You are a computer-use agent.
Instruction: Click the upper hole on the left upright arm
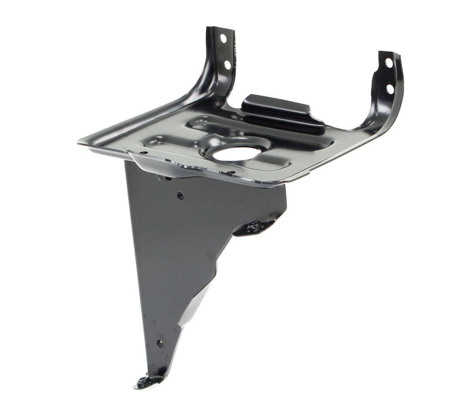click(x=223, y=38)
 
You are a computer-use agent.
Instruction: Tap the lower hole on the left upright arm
click(x=227, y=65)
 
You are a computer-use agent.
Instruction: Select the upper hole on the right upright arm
click(x=389, y=63)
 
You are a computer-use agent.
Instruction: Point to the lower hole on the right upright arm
click(x=390, y=89)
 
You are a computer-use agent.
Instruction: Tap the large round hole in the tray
click(x=237, y=153)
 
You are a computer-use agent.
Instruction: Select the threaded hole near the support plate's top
click(x=180, y=196)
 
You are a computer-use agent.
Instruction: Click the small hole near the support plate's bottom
click(x=160, y=343)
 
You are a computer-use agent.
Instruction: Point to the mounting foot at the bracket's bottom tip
click(x=146, y=382)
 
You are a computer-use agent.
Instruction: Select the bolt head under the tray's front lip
click(x=163, y=177)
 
